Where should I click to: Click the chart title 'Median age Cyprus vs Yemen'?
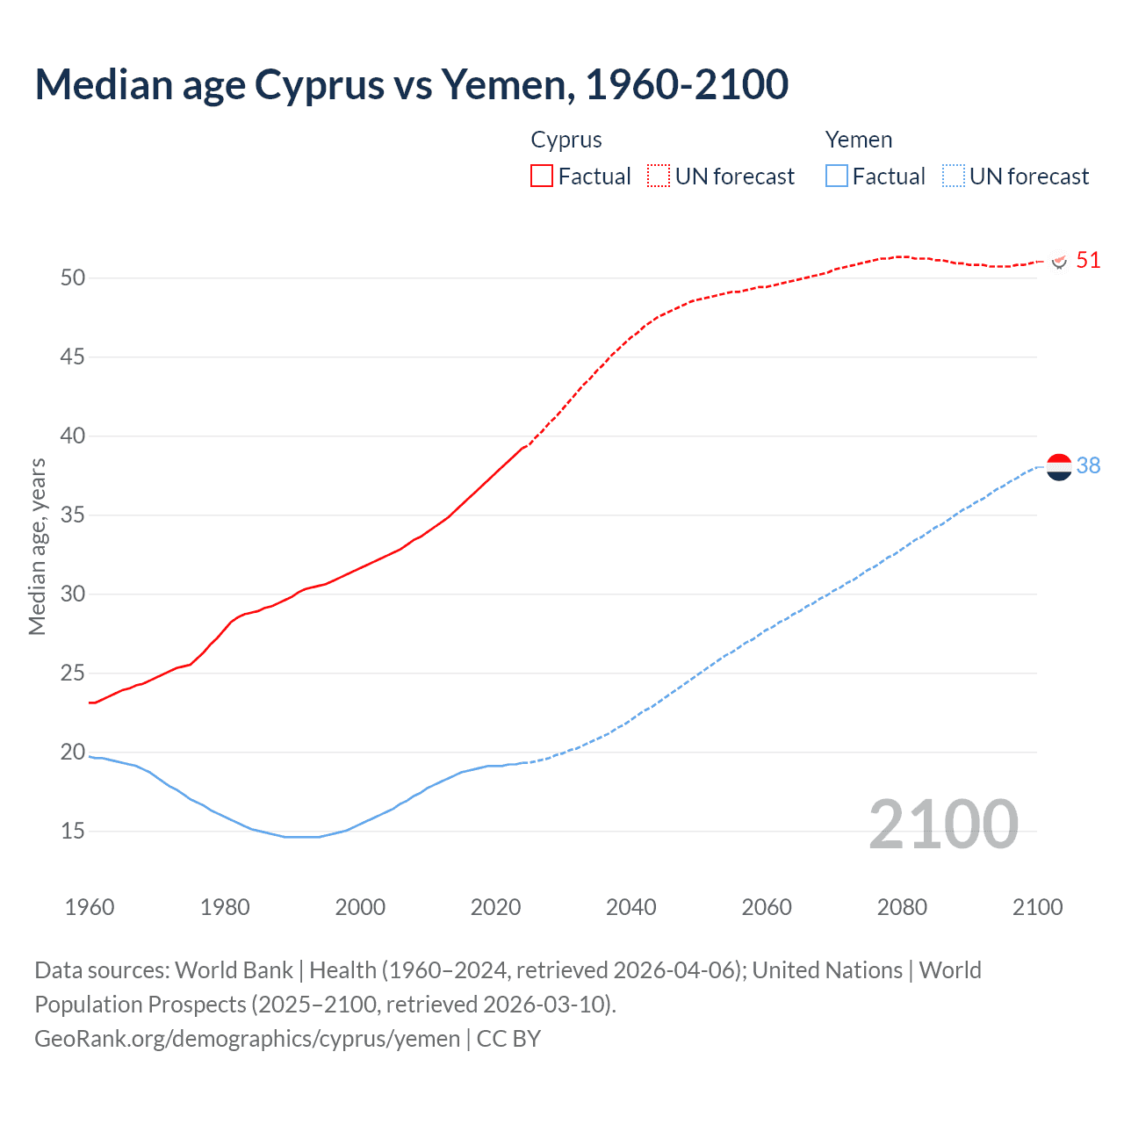[411, 85]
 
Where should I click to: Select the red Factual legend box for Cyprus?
[542, 176]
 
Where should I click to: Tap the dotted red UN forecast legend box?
[659, 176]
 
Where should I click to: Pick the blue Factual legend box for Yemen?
[836, 176]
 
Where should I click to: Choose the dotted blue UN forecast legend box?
[953, 176]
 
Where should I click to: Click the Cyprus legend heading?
[566, 140]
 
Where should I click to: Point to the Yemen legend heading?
[858, 140]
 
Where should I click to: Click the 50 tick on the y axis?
[73, 278]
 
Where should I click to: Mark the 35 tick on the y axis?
[73, 515]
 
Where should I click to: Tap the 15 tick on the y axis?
[73, 831]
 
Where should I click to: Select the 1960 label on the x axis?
[90, 907]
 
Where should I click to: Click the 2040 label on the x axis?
[630, 907]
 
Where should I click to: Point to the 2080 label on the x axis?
[902, 907]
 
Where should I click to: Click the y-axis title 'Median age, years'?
[37, 546]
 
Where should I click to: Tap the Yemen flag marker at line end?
[1059, 466]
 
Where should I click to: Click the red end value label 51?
[1088, 261]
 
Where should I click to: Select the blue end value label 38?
[1088, 466]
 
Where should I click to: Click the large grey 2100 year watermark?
[943, 825]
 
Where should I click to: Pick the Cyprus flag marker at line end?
[1059, 261]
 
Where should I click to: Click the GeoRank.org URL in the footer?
[247, 1039]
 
